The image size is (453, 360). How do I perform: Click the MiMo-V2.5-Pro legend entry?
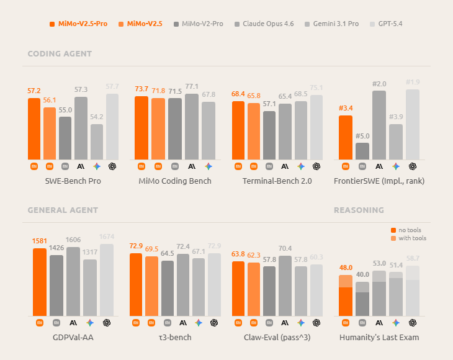pos(79,24)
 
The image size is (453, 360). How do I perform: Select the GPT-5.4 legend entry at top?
pos(386,24)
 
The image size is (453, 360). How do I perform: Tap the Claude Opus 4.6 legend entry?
pos(264,24)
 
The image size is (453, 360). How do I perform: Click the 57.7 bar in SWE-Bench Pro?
pos(112,127)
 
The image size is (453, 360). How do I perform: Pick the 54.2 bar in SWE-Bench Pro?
pos(96,142)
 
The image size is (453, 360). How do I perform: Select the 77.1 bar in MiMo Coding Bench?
pos(192,127)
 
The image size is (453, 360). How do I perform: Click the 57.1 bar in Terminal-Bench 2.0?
pos(269,135)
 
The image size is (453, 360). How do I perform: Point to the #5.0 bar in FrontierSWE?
pos(362,151)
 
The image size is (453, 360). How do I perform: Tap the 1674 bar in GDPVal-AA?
pos(107,280)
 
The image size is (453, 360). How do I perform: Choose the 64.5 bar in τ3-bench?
pos(168,289)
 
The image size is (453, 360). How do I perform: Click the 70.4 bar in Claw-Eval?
pos(285,286)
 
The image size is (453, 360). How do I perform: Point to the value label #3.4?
pos(346,109)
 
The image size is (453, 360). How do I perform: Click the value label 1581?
pos(40,241)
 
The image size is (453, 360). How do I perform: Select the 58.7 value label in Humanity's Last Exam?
pos(413,258)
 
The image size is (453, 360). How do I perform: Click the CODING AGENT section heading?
pos(60,54)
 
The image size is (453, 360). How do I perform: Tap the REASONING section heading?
pos(359,210)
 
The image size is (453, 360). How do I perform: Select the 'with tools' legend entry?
pos(408,238)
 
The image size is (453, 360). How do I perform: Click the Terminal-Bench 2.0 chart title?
pos(277,181)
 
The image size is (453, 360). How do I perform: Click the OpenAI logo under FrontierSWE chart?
pos(413,166)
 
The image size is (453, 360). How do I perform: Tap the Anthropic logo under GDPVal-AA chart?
pos(73,323)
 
